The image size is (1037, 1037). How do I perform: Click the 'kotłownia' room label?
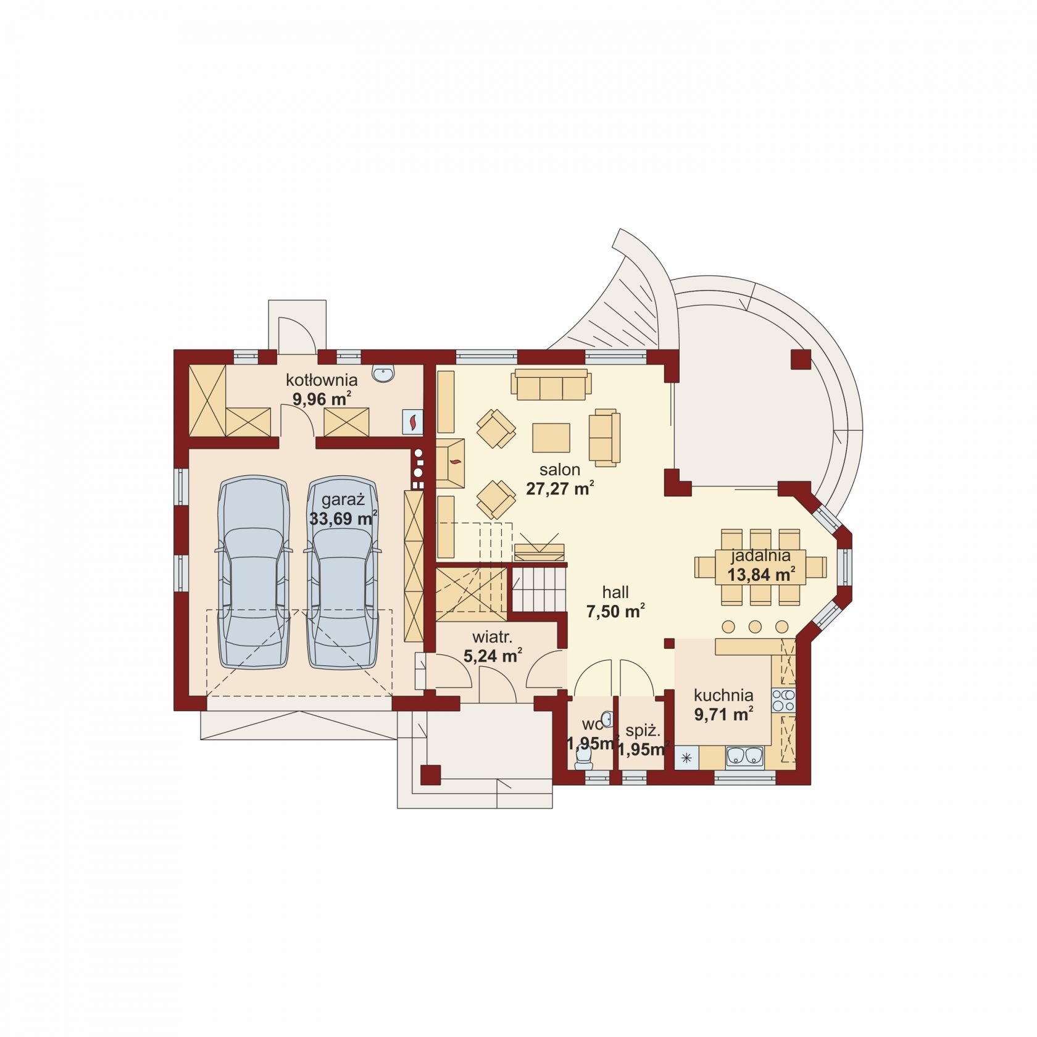coord(322,380)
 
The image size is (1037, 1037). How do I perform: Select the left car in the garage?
coord(254,572)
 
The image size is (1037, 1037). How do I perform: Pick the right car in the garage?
coord(343,572)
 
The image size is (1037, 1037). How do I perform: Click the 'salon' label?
coord(560,469)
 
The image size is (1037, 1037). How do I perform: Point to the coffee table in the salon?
coord(551,438)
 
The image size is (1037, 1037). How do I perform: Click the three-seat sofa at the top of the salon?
coord(551,385)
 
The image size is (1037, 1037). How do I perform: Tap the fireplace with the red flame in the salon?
coord(451,464)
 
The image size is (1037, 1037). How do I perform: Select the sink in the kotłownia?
coord(383,374)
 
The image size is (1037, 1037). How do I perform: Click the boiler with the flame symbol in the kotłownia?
coord(412,422)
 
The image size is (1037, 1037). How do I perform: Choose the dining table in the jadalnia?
coord(760,566)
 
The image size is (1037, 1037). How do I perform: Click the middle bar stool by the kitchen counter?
coord(756,627)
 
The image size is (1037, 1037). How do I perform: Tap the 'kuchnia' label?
coord(723,695)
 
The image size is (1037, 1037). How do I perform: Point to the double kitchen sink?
coord(745,756)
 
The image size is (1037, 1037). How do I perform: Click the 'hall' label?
coord(615,593)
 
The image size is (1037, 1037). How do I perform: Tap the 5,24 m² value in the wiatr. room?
coord(493,656)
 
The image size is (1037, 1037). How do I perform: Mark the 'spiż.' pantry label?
coord(643,731)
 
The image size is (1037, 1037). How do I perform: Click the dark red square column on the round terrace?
coord(801,360)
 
